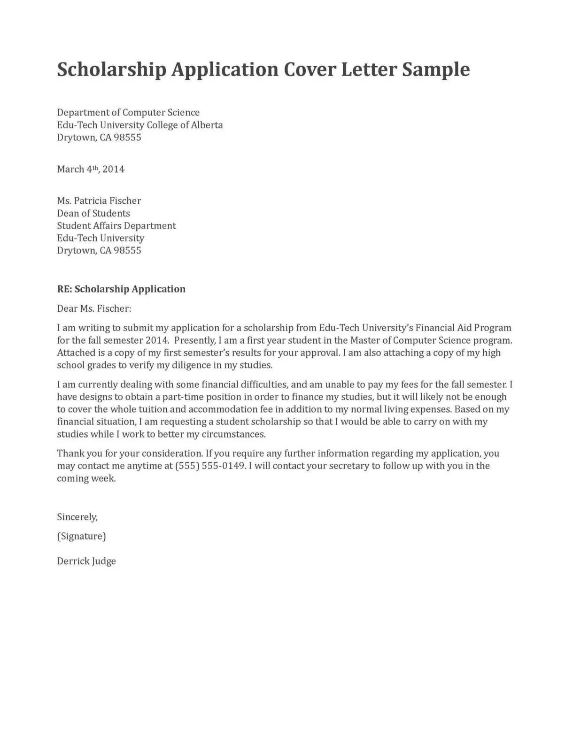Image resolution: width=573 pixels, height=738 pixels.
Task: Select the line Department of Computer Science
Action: pos(128,113)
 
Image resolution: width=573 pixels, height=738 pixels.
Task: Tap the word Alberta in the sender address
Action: pos(207,125)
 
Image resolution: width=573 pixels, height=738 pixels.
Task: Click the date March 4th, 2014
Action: pos(91,169)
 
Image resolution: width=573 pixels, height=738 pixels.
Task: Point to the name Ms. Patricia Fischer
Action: pos(99,201)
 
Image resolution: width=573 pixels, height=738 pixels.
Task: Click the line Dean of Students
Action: pos(93,214)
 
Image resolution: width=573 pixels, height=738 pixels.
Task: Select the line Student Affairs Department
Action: pos(116,226)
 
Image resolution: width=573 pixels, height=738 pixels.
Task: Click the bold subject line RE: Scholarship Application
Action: pos(121,289)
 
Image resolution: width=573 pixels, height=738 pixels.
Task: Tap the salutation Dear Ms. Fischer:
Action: pos(94,309)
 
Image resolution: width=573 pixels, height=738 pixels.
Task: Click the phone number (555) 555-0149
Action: pos(210,466)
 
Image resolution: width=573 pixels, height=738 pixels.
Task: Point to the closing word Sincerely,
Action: pos(77,517)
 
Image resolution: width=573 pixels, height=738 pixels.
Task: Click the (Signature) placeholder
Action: pos(81,536)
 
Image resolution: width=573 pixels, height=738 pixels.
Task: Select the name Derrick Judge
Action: pos(86,561)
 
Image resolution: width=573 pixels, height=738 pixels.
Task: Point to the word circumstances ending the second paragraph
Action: pos(233,434)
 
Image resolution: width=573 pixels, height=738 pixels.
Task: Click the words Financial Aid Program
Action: pos(463,328)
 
